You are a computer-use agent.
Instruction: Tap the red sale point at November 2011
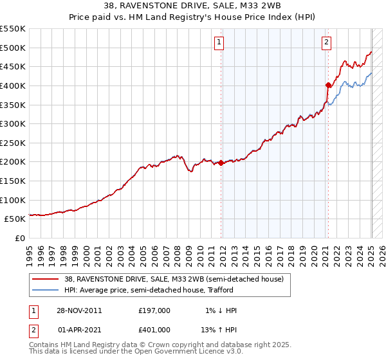pyautogui.click(x=221, y=163)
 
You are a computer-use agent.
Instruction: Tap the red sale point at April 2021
pyautogui.click(x=328, y=85)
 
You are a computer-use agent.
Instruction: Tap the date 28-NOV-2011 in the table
pyautogui.click(x=79, y=310)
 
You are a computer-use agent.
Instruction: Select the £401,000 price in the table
pyautogui.click(x=154, y=329)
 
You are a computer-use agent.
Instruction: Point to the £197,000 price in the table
pyautogui.click(x=154, y=310)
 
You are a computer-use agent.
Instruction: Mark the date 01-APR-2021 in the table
pyautogui.click(x=79, y=329)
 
